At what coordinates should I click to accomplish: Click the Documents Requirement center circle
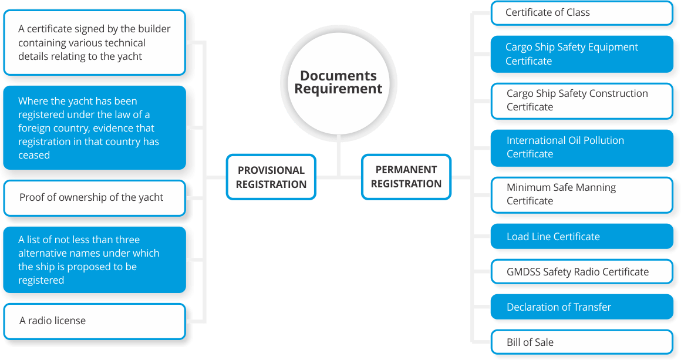[x=338, y=83]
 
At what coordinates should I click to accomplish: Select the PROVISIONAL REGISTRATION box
[x=271, y=177]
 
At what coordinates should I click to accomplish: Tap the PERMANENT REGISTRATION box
[x=406, y=176]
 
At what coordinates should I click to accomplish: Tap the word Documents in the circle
[x=338, y=76]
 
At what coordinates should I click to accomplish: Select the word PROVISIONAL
[x=271, y=170]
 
